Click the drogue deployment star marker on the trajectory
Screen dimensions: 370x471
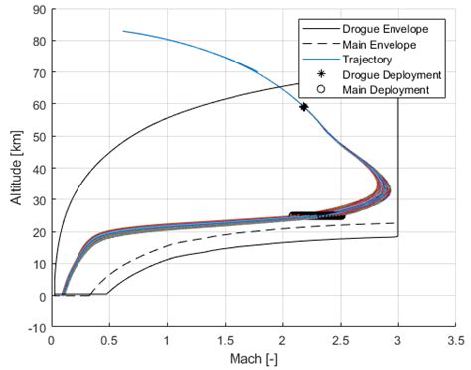point(304,106)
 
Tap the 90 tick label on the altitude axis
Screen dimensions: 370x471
point(37,10)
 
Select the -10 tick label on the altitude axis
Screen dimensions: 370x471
point(35,328)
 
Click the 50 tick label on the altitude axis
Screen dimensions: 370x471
point(37,137)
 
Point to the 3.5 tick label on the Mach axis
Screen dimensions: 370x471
point(455,340)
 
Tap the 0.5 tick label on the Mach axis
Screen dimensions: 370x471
point(108,340)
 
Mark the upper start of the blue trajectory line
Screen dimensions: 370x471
point(123,31)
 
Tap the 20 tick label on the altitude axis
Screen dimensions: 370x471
point(37,232)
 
